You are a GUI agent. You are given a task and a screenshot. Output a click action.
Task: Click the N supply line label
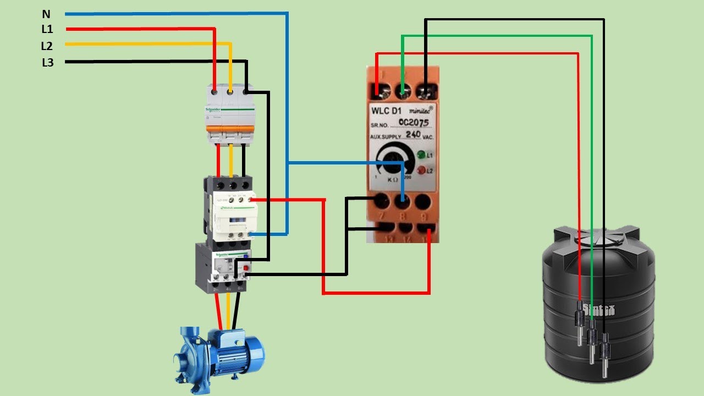pos(46,13)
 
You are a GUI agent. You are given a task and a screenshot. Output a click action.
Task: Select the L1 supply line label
pos(47,30)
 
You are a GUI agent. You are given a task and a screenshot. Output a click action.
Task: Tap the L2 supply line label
pos(47,46)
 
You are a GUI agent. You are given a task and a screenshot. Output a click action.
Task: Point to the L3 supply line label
pos(48,63)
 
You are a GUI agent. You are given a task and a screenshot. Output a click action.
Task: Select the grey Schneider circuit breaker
pos(230,114)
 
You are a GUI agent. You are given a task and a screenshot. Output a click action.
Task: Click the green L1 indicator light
pos(421,155)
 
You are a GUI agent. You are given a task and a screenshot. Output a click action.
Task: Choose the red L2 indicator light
pos(421,170)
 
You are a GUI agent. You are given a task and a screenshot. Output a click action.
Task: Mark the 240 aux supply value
pos(413,134)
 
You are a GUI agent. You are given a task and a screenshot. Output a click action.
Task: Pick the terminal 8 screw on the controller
pos(403,201)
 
